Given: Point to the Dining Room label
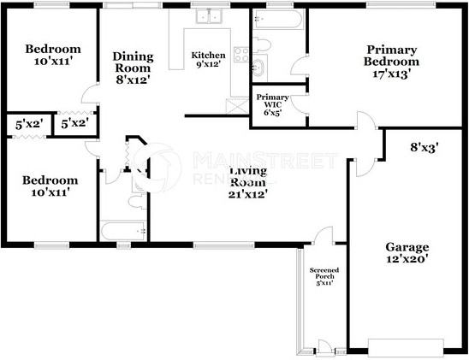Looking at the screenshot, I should point(134,68).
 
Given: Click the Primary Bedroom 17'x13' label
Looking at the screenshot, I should point(391,62).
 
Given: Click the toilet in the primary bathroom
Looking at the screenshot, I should point(264,44).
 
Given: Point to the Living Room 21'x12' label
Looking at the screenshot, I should point(249,182).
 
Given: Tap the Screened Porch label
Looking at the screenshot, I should point(324,276).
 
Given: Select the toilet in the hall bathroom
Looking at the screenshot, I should point(135,202).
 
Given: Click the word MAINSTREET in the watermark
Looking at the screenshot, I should point(265,160).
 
